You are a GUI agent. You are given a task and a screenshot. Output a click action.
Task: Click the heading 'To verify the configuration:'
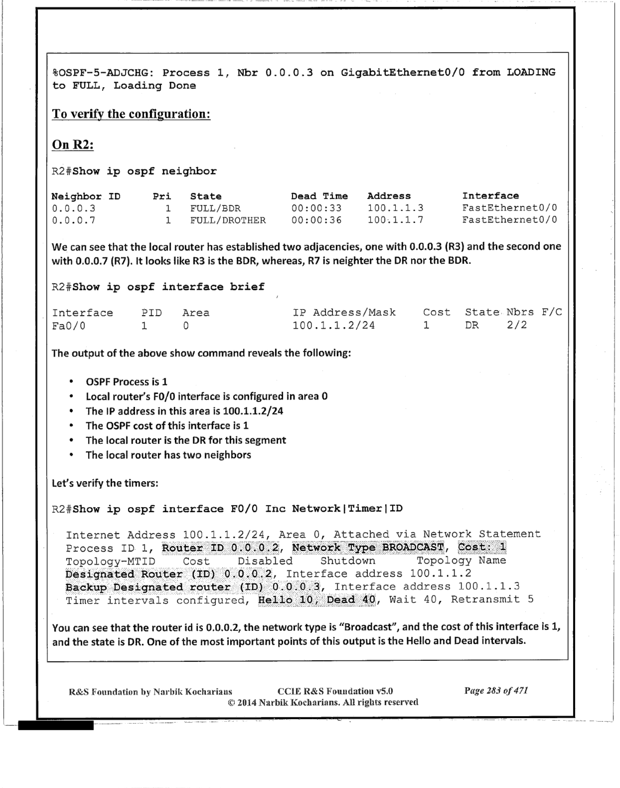131,114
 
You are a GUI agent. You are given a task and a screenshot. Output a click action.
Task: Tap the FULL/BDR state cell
215,208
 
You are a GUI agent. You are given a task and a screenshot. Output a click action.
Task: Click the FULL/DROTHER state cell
228,220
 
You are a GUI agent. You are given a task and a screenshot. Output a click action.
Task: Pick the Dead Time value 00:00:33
316,208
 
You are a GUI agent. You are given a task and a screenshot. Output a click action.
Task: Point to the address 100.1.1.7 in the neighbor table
395,220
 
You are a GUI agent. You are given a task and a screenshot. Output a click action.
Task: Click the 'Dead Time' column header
319,196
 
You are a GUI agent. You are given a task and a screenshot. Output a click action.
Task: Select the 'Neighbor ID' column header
86,197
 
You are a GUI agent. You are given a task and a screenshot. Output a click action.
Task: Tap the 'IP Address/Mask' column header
344,313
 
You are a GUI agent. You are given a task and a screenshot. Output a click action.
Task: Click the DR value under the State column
472,325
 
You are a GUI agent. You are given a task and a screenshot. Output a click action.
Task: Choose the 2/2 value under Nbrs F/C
517,325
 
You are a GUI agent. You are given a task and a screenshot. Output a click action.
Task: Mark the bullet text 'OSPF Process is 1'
126,382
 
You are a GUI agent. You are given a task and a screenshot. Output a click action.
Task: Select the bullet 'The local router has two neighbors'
168,455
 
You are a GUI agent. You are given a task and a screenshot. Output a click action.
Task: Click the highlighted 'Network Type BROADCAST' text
368,547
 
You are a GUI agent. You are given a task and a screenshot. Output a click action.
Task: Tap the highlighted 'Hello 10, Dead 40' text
316,600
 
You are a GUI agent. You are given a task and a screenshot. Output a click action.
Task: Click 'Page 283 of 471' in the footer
496,691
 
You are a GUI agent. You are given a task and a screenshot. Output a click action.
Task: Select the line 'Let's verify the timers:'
105,483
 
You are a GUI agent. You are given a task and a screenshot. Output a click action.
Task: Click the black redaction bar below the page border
56,726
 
